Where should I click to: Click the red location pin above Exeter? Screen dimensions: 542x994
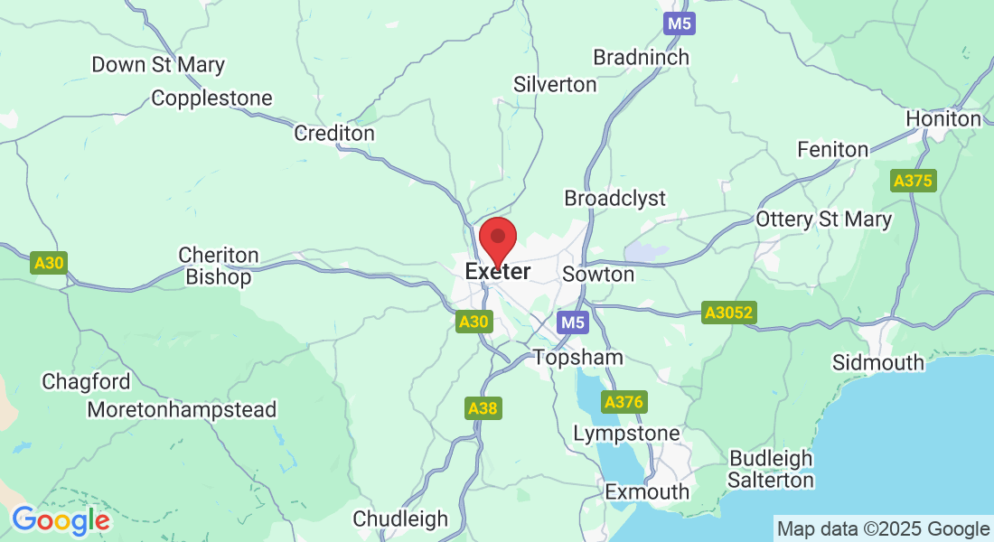497,238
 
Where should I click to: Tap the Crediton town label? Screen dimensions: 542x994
334,134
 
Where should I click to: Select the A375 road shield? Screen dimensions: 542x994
912,181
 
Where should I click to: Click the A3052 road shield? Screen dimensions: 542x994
729,313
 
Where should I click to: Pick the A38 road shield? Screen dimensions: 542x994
483,408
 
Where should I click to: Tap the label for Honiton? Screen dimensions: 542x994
943,119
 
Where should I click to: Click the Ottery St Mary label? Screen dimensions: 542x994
823,220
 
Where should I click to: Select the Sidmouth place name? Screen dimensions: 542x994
878,363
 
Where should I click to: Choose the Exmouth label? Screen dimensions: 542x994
647,492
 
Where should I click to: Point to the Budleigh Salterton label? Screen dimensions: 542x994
771,469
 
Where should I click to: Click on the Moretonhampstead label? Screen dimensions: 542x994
182,410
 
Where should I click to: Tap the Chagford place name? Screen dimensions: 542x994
86,382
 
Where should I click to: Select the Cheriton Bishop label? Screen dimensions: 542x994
219,266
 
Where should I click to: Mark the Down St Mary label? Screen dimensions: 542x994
158,65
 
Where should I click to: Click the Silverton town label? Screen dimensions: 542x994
555,85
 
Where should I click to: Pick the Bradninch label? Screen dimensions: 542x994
641,58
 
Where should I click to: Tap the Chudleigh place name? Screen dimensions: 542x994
400,519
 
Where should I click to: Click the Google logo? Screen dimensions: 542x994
61,520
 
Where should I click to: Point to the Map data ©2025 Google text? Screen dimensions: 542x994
883,529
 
